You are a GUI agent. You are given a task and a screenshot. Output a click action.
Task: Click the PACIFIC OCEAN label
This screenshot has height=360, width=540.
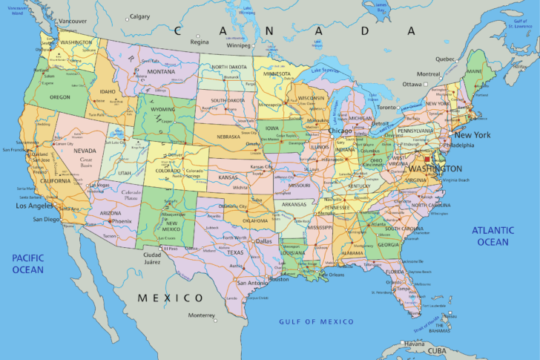pos(28,264)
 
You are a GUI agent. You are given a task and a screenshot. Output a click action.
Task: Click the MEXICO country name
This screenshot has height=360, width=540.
pos(170,297)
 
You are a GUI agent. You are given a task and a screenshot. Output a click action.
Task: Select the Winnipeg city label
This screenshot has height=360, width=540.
pos(238,45)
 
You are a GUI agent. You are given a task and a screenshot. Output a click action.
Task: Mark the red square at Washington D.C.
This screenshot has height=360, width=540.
pos(427,158)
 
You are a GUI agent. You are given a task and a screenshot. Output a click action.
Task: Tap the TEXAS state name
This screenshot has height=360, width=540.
pos(235,252)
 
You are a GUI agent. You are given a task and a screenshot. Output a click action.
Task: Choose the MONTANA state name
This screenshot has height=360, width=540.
pos(161,71)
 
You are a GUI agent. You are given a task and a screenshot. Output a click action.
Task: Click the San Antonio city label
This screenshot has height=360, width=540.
pos(252,283)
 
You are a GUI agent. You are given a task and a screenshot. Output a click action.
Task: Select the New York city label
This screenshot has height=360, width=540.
pos(472,135)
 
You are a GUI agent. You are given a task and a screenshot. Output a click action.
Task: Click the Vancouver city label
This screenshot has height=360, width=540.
pos(73,21)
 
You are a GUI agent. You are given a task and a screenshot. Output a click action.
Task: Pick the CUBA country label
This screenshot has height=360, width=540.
pos(437,351)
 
